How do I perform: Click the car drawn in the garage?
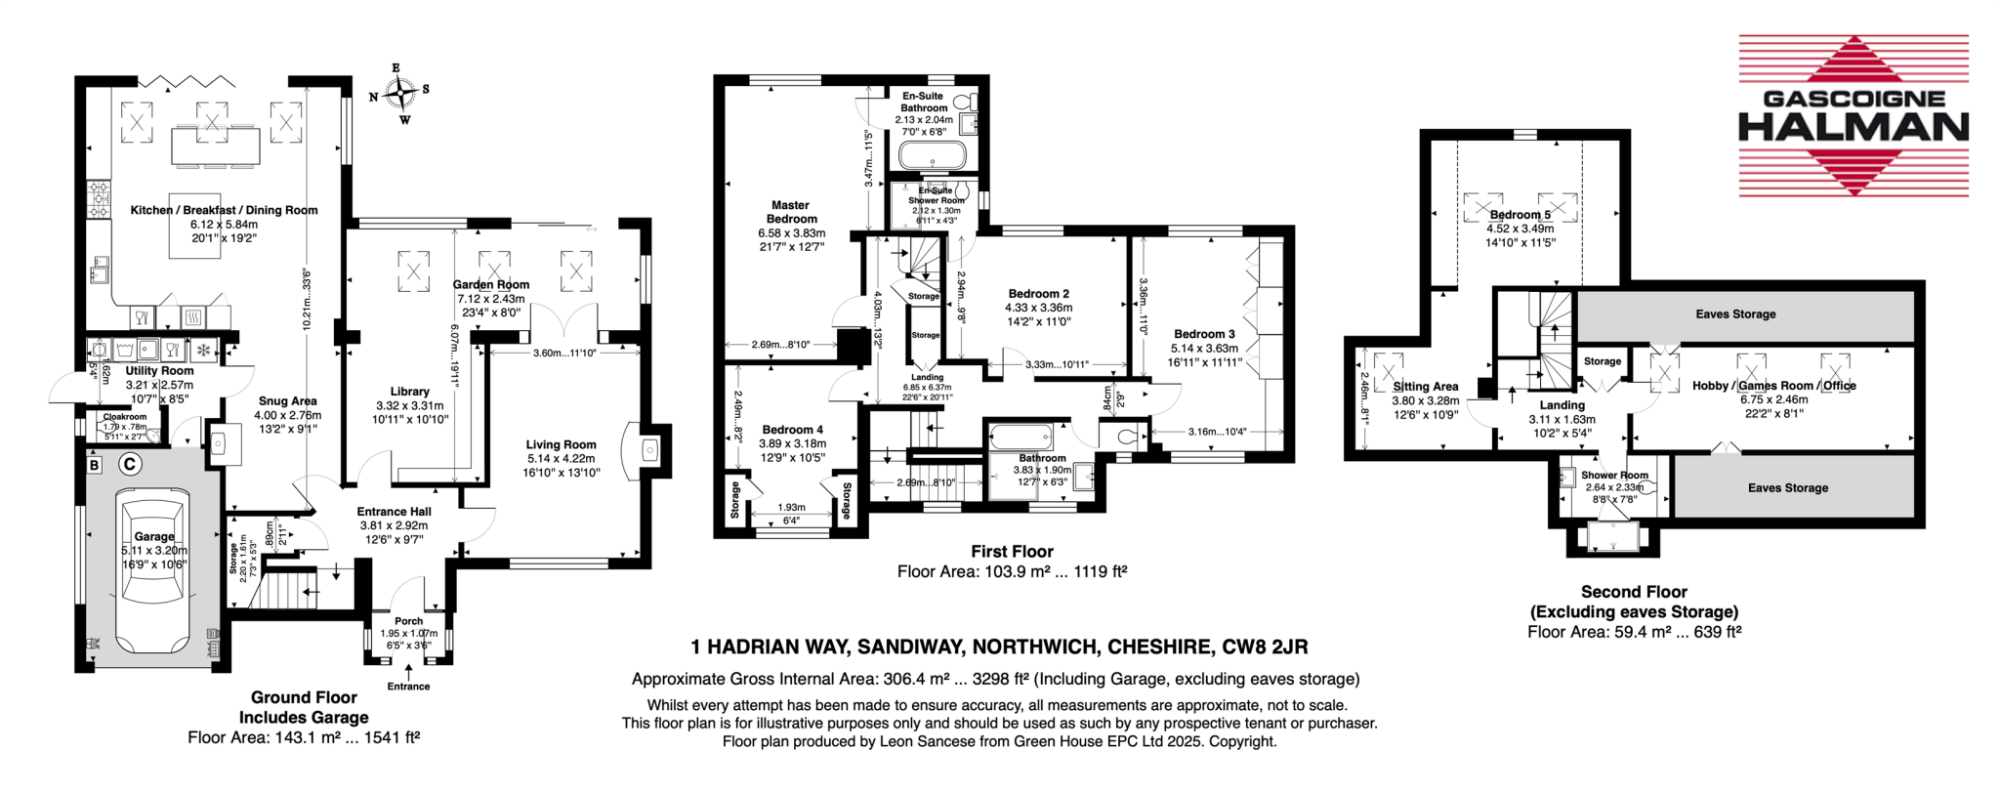pos(153,572)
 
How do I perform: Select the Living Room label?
pos(561,444)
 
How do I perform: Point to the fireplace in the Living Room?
pos(651,450)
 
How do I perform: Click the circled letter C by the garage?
pos(129,464)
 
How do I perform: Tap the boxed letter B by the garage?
pos(95,465)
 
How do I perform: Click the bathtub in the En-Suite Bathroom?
pos(932,155)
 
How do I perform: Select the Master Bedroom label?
pos(791,212)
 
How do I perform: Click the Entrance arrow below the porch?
pos(408,671)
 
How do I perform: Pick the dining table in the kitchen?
pos(216,147)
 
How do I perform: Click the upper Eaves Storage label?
pos(1735,314)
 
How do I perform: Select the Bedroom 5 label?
pos(1520,215)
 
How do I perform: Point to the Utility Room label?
pos(159,371)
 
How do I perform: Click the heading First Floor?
pos(1012,552)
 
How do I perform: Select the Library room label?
pos(409,392)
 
